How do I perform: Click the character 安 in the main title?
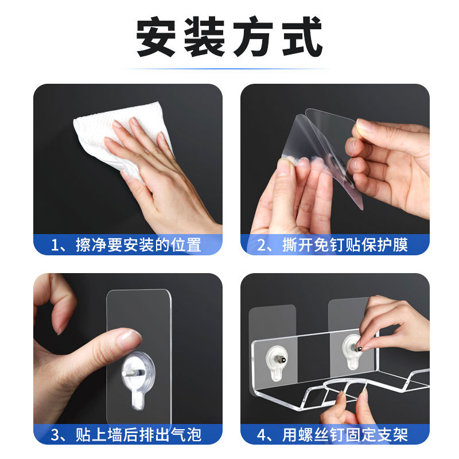click(x=155, y=36)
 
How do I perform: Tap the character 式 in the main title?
click(x=302, y=36)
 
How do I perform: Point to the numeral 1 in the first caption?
click(x=55, y=245)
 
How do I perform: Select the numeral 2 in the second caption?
click(x=261, y=245)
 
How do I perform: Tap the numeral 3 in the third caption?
click(x=55, y=435)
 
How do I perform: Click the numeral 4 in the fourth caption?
click(x=262, y=435)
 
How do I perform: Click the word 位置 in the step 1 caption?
click(x=186, y=245)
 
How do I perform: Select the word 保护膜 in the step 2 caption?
click(x=384, y=245)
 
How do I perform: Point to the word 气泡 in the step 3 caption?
click(x=186, y=434)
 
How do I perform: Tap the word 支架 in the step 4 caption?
click(x=392, y=434)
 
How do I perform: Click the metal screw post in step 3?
click(x=133, y=373)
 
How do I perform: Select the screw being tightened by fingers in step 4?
click(x=357, y=348)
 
